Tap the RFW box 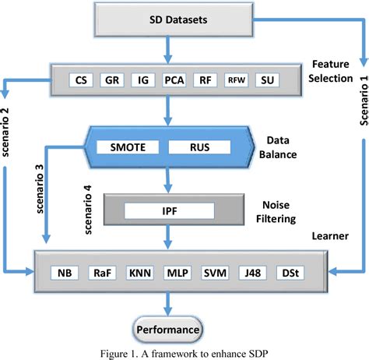tap(235, 79)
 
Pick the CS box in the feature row tap(79, 79)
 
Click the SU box tap(267, 79)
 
